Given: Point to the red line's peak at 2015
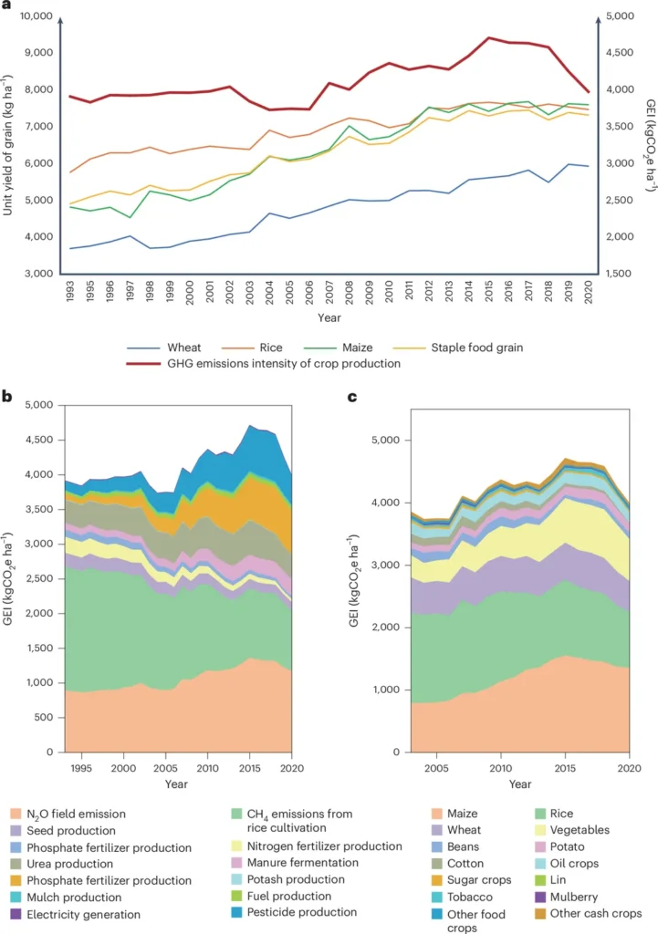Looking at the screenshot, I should point(488,37).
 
